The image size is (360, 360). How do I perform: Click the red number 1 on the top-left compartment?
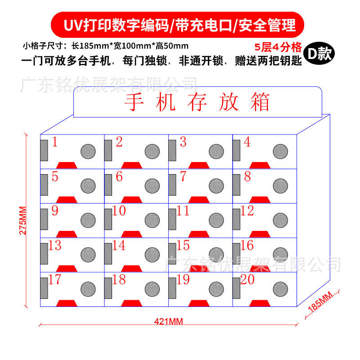coord(55,143)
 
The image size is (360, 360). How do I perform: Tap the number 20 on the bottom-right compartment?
coord(247,280)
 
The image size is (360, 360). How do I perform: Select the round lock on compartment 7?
coord(216,185)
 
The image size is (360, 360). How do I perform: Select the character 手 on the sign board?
coord(135,103)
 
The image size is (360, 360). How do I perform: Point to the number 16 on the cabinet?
coord(247,246)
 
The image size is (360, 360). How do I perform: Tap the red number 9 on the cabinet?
coord(55,211)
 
